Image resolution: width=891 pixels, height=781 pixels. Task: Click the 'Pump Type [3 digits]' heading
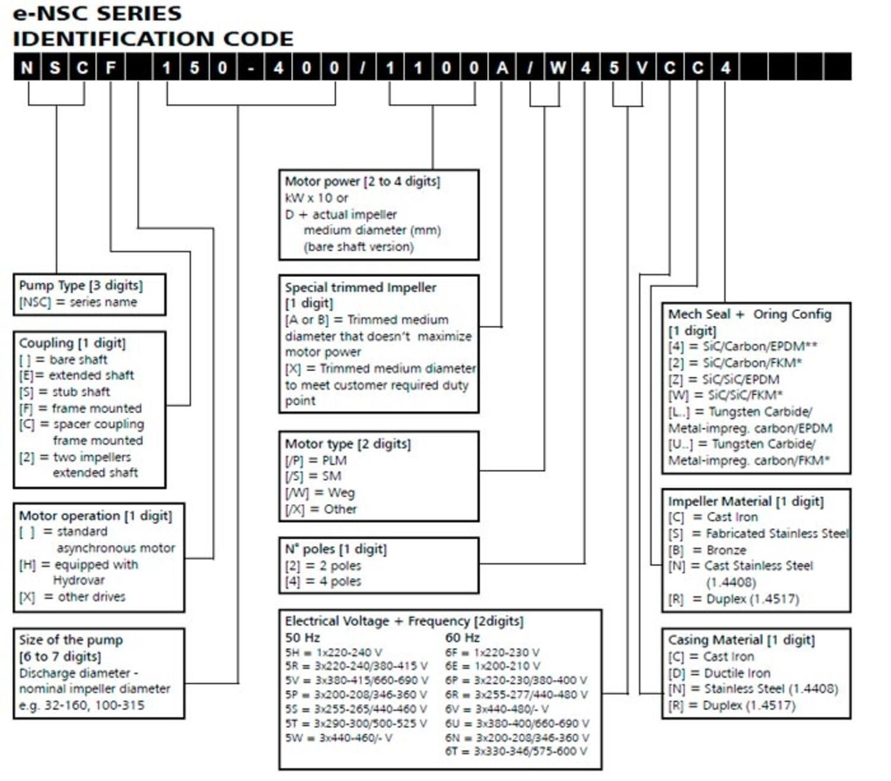pyautogui.click(x=81, y=285)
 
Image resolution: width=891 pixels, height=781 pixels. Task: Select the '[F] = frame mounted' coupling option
pyautogui.click(x=81, y=408)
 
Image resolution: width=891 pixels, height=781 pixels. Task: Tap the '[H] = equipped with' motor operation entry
pyautogui.click(x=78, y=565)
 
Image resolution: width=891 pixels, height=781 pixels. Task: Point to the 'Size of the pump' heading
pyautogui.click(x=71, y=640)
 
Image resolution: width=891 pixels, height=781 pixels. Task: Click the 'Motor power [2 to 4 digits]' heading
pyautogui.click(x=362, y=181)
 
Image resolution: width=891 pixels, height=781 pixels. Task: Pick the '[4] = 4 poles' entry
pyautogui.click(x=323, y=581)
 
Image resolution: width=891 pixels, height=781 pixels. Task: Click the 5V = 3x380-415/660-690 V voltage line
pyautogui.click(x=356, y=680)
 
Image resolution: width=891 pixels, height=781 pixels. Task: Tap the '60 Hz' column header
pyautogui.click(x=462, y=638)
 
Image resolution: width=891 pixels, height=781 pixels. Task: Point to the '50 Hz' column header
pyautogui.click(x=302, y=638)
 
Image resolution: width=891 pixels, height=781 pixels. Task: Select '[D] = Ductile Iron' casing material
pyautogui.click(x=719, y=673)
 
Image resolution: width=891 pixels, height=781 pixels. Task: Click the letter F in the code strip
pyautogui.click(x=110, y=67)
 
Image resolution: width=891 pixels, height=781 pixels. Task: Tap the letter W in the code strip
pyautogui.click(x=557, y=67)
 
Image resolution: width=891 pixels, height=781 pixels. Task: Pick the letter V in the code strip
pyautogui.click(x=642, y=67)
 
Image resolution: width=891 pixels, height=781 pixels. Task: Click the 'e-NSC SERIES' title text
pyautogui.click(x=97, y=13)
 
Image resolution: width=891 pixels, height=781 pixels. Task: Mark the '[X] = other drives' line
pyautogui.click(x=72, y=597)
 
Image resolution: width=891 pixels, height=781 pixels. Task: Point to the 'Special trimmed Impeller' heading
pyautogui.click(x=361, y=288)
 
